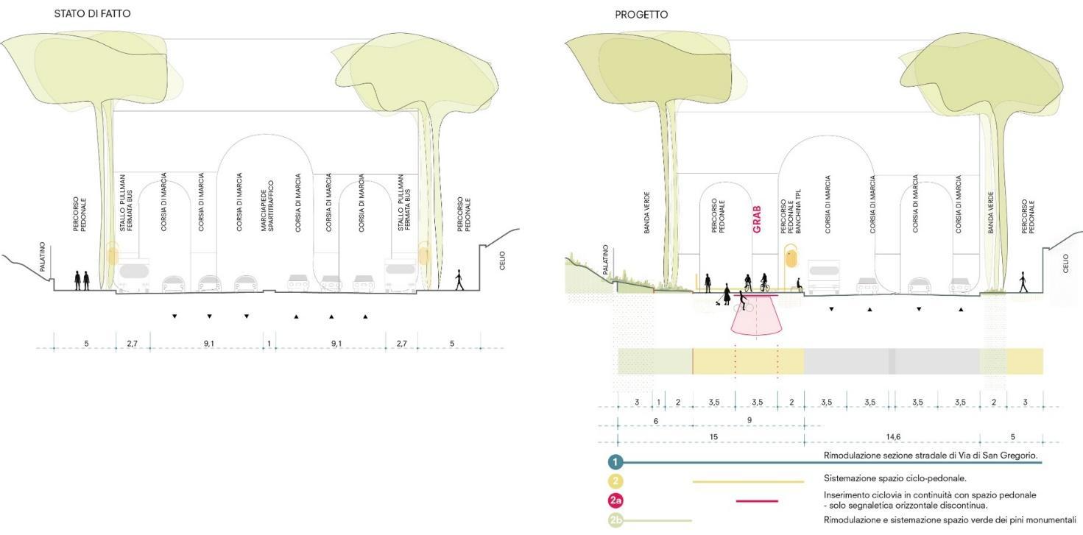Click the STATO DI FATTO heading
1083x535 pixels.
[x=93, y=15]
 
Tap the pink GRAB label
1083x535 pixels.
[x=756, y=219]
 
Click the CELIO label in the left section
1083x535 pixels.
[x=502, y=261]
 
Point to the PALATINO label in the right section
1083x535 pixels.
[x=606, y=259]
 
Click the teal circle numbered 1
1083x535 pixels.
[x=615, y=462]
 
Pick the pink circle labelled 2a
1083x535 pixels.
[x=615, y=501]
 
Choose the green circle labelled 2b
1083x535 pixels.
[x=615, y=521]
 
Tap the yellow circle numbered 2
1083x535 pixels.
[x=615, y=481]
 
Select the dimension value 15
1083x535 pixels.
[x=713, y=437]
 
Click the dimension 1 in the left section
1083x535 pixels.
[x=269, y=344]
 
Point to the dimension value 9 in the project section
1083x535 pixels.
[x=749, y=420]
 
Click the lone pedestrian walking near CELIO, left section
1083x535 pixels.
[x=459, y=280]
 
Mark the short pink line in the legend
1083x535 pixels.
[x=757, y=501]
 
